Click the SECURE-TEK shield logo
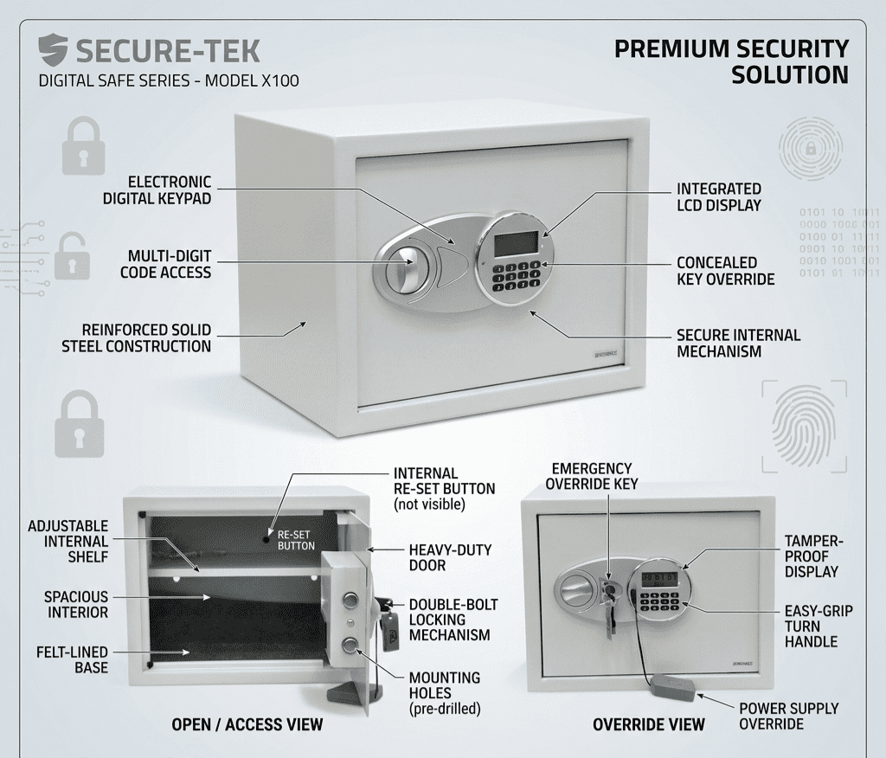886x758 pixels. (x=53, y=50)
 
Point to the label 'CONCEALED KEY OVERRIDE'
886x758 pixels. (x=725, y=270)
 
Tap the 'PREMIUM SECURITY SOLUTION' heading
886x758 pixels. (x=731, y=61)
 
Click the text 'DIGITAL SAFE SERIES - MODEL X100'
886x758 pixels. (x=170, y=81)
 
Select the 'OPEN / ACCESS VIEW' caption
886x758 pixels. (x=247, y=724)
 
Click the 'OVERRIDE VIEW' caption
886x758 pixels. (x=649, y=724)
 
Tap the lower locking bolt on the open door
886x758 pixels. (x=350, y=645)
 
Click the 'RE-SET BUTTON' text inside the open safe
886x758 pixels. (x=296, y=540)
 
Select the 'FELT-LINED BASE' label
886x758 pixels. (x=73, y=659)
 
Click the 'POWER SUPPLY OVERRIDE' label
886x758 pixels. (x=788, y=716)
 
